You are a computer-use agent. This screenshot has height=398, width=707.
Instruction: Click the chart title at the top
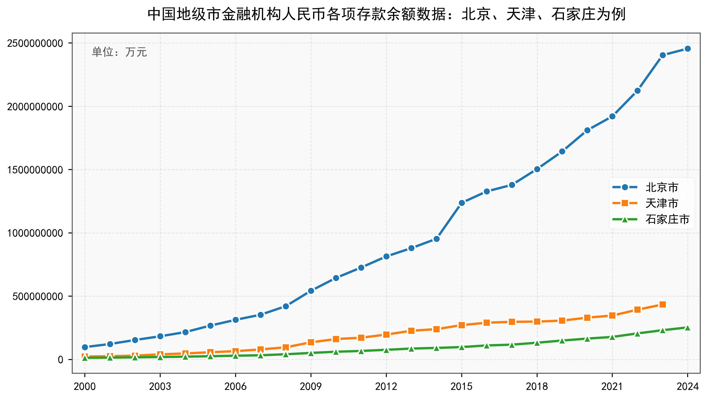point(386,14)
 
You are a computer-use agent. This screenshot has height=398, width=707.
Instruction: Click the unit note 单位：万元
point(119,52)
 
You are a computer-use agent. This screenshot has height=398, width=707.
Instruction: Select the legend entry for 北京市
point(662,187)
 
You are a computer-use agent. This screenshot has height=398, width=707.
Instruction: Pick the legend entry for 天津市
point(662,203)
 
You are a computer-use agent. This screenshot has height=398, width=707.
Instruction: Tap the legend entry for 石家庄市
point(667,219)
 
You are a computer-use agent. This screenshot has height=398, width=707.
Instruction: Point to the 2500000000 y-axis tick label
point(35,43)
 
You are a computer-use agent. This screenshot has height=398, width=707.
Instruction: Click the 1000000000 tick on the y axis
point(35,233)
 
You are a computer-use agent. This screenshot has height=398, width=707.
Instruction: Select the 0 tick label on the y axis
point(60,360)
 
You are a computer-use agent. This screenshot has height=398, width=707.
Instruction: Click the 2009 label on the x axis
point(311,387)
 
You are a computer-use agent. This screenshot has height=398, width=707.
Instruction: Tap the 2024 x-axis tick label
point(687,387)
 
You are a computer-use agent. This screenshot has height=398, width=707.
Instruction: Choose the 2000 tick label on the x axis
point(85,387)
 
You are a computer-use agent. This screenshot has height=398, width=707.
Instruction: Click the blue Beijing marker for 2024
point(687,49)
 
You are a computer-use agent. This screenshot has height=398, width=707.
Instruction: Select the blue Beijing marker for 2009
point(311,291)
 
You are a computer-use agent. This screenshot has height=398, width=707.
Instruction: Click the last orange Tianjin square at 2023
point(662,304)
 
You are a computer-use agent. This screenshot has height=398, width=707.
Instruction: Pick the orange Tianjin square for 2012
point(386,335)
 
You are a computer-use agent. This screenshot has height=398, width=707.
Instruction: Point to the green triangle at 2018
point(537,343)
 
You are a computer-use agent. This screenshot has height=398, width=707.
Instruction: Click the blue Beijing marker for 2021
point(612,116)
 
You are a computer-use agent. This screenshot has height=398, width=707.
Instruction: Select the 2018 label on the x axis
point(537,387)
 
